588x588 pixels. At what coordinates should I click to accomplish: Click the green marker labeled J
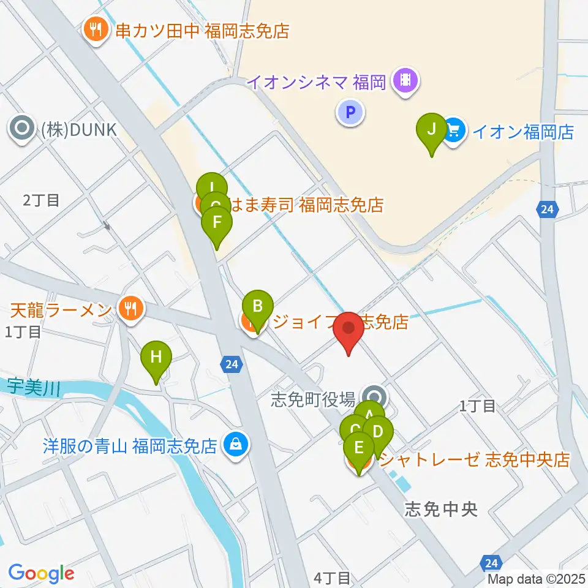click(x=432, y=130)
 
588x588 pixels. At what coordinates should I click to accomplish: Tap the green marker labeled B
click(x=258, y=306)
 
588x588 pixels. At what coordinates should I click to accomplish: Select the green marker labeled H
click(x=156, y=357)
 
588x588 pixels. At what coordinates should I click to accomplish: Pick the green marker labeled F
click(x=216, y=224)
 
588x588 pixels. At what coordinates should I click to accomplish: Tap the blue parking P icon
click(x=350, y=112)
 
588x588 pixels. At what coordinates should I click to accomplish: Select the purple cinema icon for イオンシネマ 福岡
click(x=405, y=80)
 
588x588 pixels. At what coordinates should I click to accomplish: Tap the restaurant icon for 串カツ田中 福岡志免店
click(x=96, y=29)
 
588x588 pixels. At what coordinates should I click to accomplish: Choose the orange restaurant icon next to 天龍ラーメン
click(x=129, y=308)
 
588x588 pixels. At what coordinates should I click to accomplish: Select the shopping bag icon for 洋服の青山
click(x=235, y=443)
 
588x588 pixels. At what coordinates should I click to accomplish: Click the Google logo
click(x=41, y=573)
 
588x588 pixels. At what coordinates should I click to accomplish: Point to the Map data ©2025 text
click(x=536, y=579)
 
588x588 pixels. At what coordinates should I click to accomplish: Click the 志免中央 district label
click(x=440, y=510)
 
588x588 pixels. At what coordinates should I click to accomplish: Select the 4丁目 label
click(x=332, y=577)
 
